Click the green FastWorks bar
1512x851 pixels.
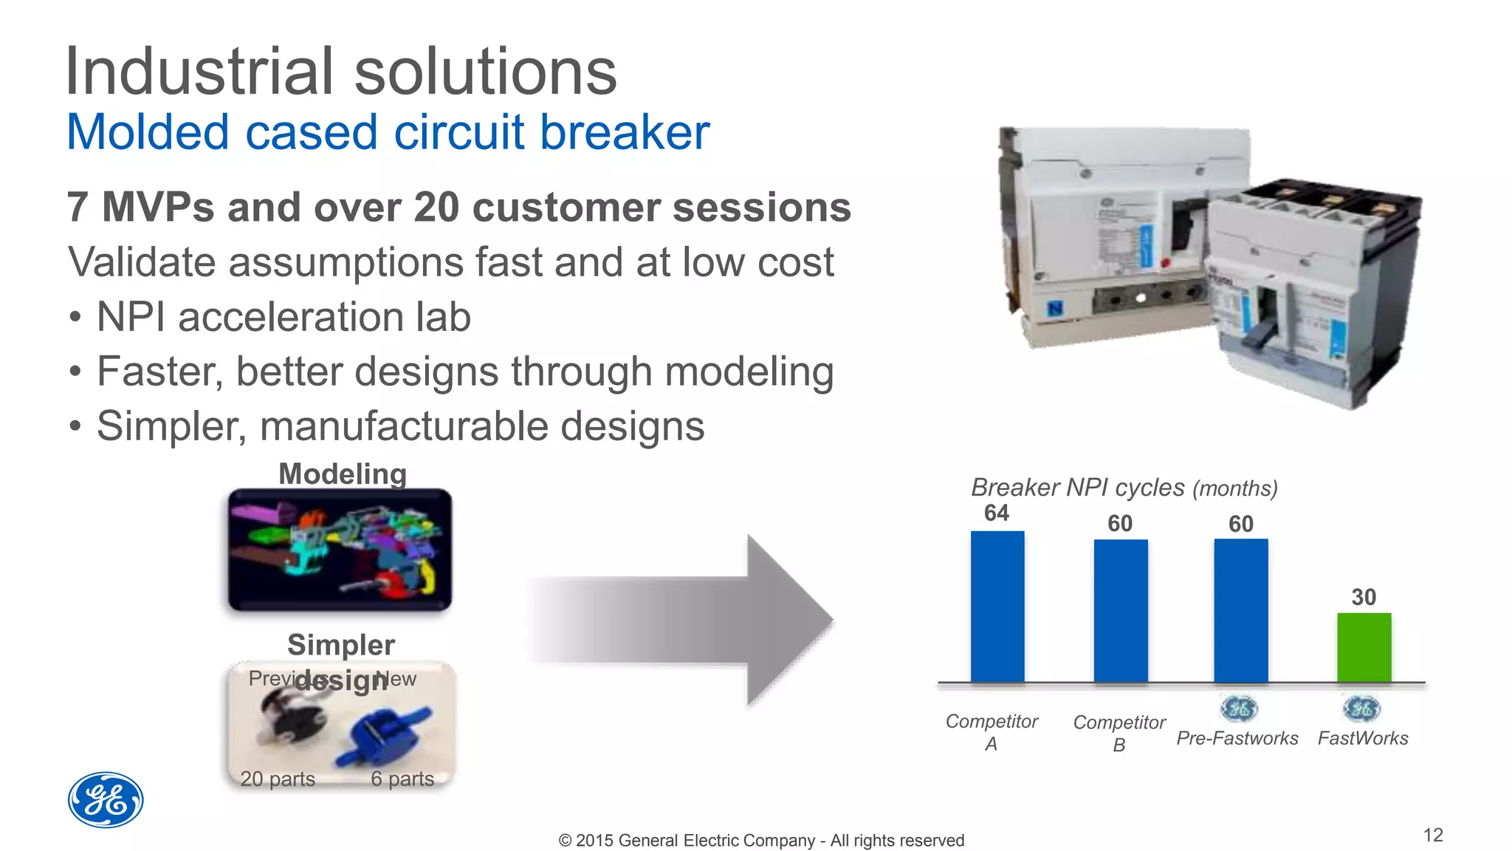(x=1364, y=648)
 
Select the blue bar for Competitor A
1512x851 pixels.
(x=997, y=606)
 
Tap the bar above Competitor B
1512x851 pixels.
(x=1120, y=611)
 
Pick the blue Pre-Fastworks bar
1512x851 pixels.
(x=1240, y=611)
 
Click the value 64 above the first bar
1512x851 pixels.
(x=996, y=513)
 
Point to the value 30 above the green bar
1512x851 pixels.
(x=1363, y=597)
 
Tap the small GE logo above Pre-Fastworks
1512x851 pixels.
(x=1239, y=709)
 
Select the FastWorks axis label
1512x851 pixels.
(x=1363, y=738)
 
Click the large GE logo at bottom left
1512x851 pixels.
(x=106, y=800)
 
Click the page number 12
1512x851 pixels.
(x=1432, y=835)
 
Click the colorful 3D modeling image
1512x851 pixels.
(x=340, y=550)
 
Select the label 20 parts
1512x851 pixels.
(x=278, y=779)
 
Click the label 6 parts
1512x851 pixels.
(x=402, y=779)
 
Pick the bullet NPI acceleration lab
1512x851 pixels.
(x=283, y=317)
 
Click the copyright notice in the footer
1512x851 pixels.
(x=761, y=841)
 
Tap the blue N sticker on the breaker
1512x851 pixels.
(x=1055, y=308)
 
